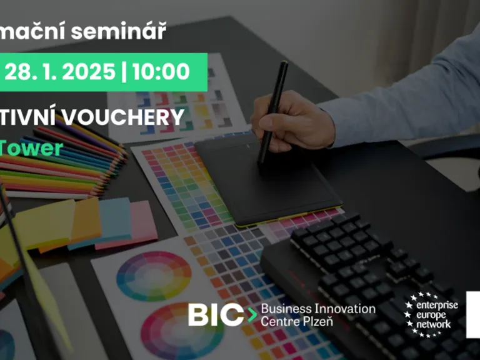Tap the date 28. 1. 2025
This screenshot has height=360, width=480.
coord(60,71)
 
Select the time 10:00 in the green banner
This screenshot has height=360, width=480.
coord(161,71)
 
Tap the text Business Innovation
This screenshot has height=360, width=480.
coord(317,309)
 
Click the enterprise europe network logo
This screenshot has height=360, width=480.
coord(431,314)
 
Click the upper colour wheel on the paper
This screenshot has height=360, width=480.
coord(154,276)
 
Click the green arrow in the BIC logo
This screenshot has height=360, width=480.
coord(251,315)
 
